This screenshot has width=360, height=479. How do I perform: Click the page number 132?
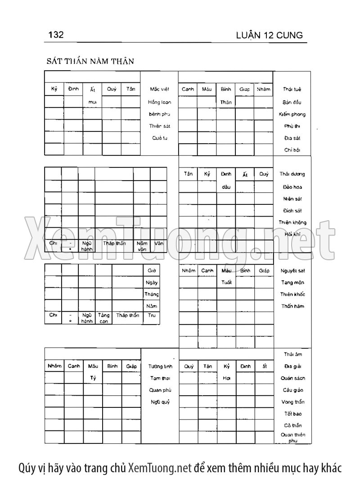(x=56, y=35)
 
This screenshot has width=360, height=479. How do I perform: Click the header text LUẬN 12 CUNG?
(x=269, y=36)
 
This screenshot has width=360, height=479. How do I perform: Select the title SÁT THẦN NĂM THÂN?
(x=90, y=61)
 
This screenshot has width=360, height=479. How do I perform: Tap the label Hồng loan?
(x=159, y=102)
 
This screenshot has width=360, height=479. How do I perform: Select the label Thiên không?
(x=292, y=222)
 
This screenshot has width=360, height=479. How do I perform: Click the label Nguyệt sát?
(x=292, y=271)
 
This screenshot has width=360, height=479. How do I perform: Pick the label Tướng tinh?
(x=161, y=366)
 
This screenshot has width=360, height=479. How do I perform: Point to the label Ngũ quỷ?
(x=160, y=402)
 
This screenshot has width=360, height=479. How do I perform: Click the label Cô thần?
(x=292, y=425)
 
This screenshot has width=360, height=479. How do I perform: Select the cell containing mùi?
(x=93, y=102)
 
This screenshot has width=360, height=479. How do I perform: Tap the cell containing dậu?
(x=226, y=186)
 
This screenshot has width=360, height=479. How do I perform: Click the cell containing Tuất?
(x=226, y=283)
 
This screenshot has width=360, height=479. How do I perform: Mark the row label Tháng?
(x=152, y=294)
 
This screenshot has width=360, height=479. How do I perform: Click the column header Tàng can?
(x=103, y=318)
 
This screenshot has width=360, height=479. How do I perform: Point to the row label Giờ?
(x=152, y=271)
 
